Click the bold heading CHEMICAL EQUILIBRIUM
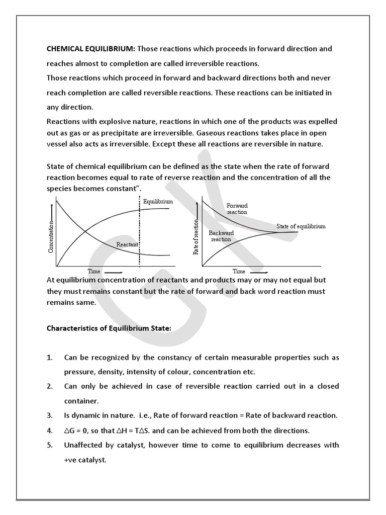pyautogui.click(x=90, y=49)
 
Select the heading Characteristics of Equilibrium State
pyautogui.click(x=109, y=328)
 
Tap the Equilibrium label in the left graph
pyautogui.click(x=158, y=201)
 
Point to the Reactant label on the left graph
pyautogui.click(x=127, y=244)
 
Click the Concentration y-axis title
pyautogui.click(x=50, y=236)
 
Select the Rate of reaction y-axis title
pyautogui.click(x=197, y=236)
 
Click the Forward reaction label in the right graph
pyautogui.click(x=237, y=209)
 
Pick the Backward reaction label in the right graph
pyautogui.click(x=221, y=236)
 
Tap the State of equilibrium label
pyautogui.click(x=301, y=226)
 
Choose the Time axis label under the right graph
pyautogui.click(x=239, y=272)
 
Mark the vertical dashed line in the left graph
pyautogui.click(x=139, y=231)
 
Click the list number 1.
pyautogui.click(x=49, y=358)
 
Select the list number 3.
pyautogui.click(x=49, y=415)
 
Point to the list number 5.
pyautogui.click(x=49, y=445)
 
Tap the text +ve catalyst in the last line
pyautogui.click(x=85, y=460)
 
